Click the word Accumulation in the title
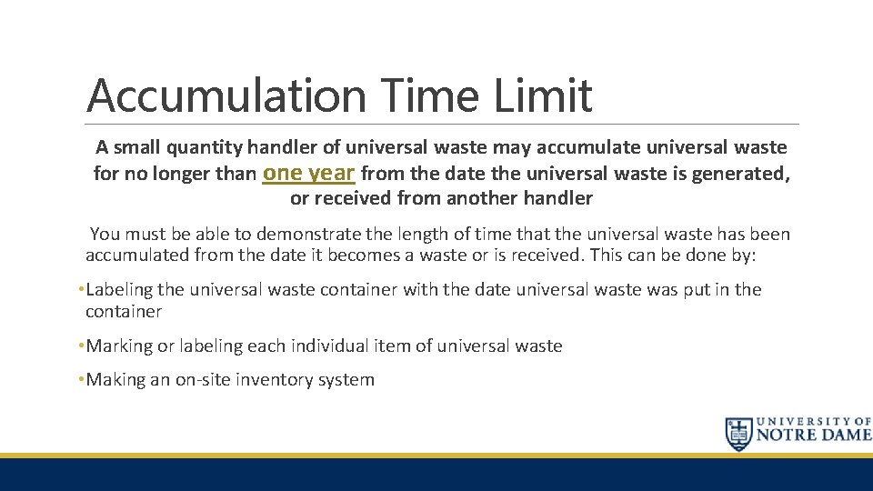coord(226,96)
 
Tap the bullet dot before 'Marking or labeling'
coord(81,346)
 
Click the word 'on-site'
coord(206,380)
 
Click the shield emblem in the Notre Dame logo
coord(738,435)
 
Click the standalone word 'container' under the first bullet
coord(124,311)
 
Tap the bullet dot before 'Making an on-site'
coord(81,380)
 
